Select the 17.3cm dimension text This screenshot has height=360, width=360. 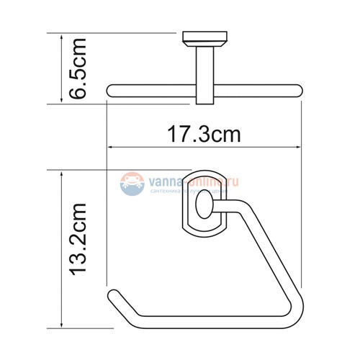pos(204,134)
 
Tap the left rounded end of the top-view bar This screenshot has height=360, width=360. pos(111,90)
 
